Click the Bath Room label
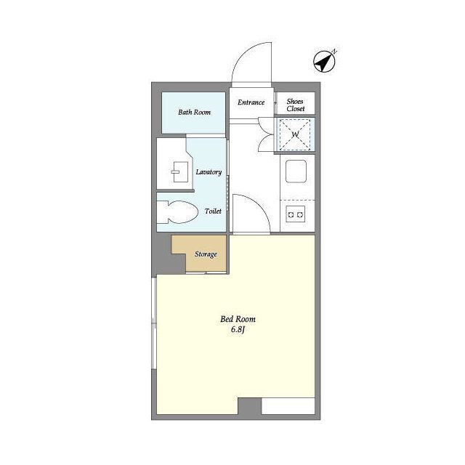194,112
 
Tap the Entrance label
251,102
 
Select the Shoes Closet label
296,105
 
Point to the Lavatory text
209,172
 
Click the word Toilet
213,211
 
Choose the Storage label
206,254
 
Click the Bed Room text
238,319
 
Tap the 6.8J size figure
238,330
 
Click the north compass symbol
325,61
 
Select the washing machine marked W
295,134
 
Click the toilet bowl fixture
177,212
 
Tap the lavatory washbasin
179,171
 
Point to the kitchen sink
296,171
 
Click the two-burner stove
296,214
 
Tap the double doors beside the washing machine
266,134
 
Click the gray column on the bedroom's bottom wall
250,406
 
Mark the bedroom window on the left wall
154,323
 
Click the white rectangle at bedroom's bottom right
288,406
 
